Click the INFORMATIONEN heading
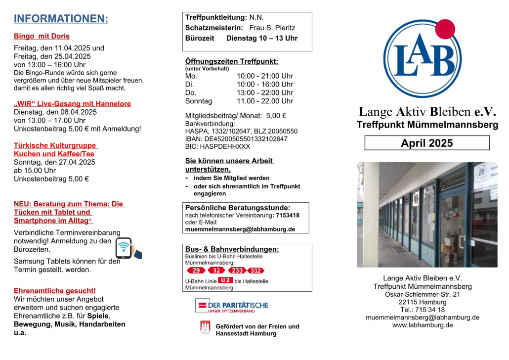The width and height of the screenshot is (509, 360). [x=61, y=19]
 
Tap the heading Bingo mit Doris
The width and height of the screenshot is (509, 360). [x=42, y=36]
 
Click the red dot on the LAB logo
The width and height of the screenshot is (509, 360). [x=445, y=29]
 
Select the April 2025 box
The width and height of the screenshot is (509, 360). [x=426, y=143]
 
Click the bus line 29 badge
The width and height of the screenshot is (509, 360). [x=196, y=270]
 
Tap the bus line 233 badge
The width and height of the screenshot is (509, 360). [x=237, y=270]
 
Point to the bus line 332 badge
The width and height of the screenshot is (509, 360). [x=255, y=270]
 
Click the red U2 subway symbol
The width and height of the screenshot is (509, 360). [x=225, y=280]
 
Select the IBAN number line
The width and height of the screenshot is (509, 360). [x=236, y=139]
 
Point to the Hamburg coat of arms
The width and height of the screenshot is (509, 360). [x=205, y=328]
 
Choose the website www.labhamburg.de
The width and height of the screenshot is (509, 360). [x=422, y=325]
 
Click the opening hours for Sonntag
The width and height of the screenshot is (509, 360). [x=265, y=101]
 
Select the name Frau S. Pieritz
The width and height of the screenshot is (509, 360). [x=272, y=28]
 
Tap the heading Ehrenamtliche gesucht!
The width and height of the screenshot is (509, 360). [x=55, y=291]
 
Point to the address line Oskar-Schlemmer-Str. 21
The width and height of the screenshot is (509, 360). [x=422, y=294]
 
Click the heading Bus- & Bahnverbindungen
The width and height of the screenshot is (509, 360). [x=232, y=249]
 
